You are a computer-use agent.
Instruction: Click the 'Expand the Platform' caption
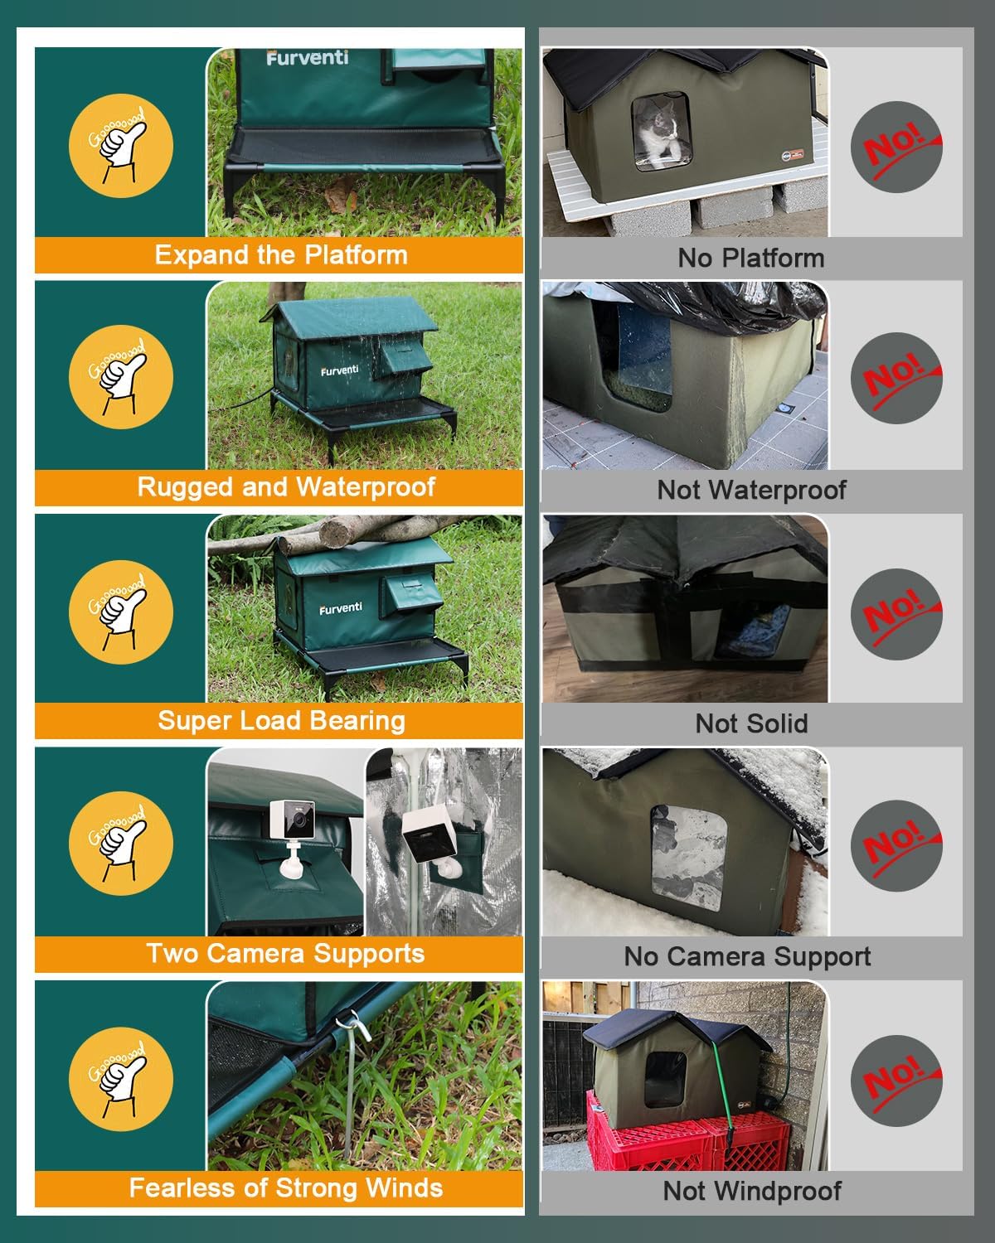[280, 255]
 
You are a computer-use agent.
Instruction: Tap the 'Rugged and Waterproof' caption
[285, 487]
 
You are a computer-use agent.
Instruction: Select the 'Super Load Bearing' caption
[281, 721]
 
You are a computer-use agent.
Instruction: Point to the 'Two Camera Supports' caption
[285, 954]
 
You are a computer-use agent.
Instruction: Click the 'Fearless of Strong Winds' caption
[285, 1188]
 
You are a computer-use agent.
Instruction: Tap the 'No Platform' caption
[751, 258]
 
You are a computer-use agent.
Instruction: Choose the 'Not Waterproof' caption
[751, 490]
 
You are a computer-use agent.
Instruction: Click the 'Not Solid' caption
[751, 723]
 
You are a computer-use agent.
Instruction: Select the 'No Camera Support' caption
[747, 957]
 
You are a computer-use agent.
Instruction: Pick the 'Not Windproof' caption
[751, 1192]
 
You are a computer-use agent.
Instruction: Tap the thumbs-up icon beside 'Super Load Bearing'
[121, 612]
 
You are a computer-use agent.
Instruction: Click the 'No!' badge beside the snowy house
[897, 846]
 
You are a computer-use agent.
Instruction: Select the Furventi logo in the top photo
[307, 58]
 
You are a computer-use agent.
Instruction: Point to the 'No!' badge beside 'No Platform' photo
[897, 147]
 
